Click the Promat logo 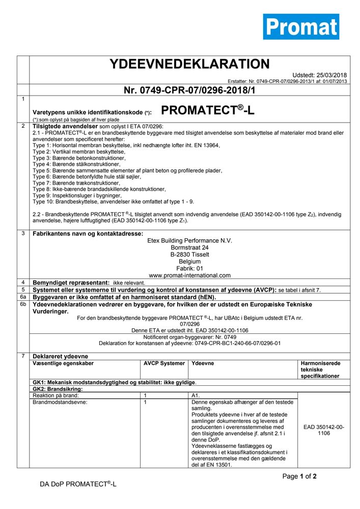tap(301, 27)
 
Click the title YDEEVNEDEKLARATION tap(189, 64)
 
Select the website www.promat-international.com tap(189, 275)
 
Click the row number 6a tap(22, 296)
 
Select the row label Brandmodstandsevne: tap(60, 402)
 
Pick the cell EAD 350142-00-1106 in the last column tap(323, 430)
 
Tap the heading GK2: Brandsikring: tap(58, 388)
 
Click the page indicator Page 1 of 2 tap(299, 476)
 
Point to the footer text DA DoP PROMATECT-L tap(78, 484)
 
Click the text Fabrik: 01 tap(189, 268)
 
